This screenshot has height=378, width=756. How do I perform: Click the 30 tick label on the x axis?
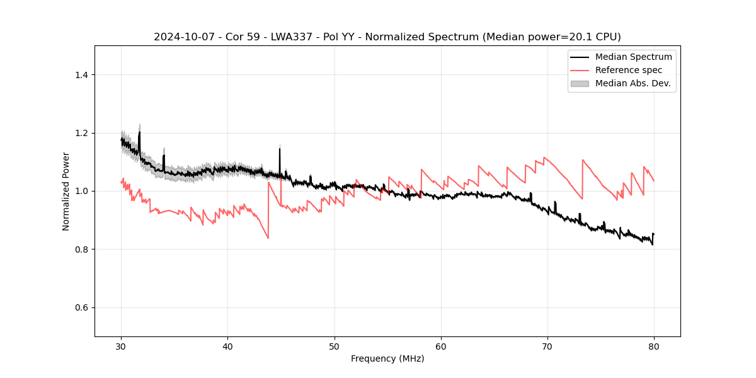(121, 346)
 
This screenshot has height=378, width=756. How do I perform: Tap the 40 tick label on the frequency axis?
(227, 346)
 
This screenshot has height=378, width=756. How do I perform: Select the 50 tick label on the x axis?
(335, 346)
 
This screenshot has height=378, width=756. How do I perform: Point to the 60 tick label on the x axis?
(441, 346)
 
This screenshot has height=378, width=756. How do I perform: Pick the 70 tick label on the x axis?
(547, 346)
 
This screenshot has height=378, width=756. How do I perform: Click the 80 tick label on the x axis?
(654, 346)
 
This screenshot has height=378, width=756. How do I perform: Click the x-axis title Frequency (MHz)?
(387, 359)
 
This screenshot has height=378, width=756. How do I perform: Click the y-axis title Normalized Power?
(66, 191)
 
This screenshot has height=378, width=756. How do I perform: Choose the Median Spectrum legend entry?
(633, 57)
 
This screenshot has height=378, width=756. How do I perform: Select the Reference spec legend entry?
(628, 70)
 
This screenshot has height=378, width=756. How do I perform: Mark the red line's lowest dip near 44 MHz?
(268, 238)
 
